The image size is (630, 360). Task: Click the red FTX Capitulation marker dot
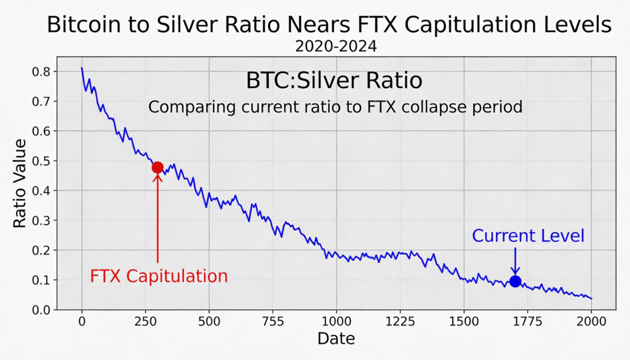[x=157, y=167]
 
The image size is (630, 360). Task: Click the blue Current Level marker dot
[x=516, y=281]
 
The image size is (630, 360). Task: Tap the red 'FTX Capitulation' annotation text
[x=159, y=276]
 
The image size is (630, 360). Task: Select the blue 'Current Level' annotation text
[x=528, y=236]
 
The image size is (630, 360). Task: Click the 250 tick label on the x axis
[x=157, y=321]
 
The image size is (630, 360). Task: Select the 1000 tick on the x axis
[x=336, y=321]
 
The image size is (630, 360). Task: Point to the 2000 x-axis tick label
[x=591, y=321]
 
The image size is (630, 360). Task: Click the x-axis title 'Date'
[x=336, y=338]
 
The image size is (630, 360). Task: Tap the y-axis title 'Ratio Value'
[x=20, y=183]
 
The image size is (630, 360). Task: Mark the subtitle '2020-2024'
[x=336, y=46]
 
